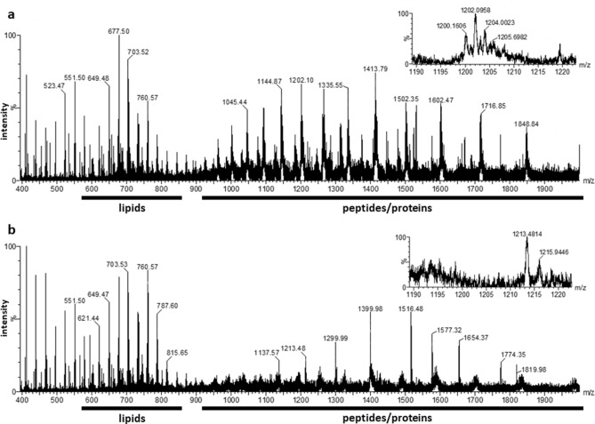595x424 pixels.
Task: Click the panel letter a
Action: pyautogui.click(x=7, y=7)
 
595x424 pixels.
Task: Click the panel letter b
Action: pyautogui.click(x=7, y=228)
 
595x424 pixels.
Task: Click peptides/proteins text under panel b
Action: pyautogui.click(x=392, y=413)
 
